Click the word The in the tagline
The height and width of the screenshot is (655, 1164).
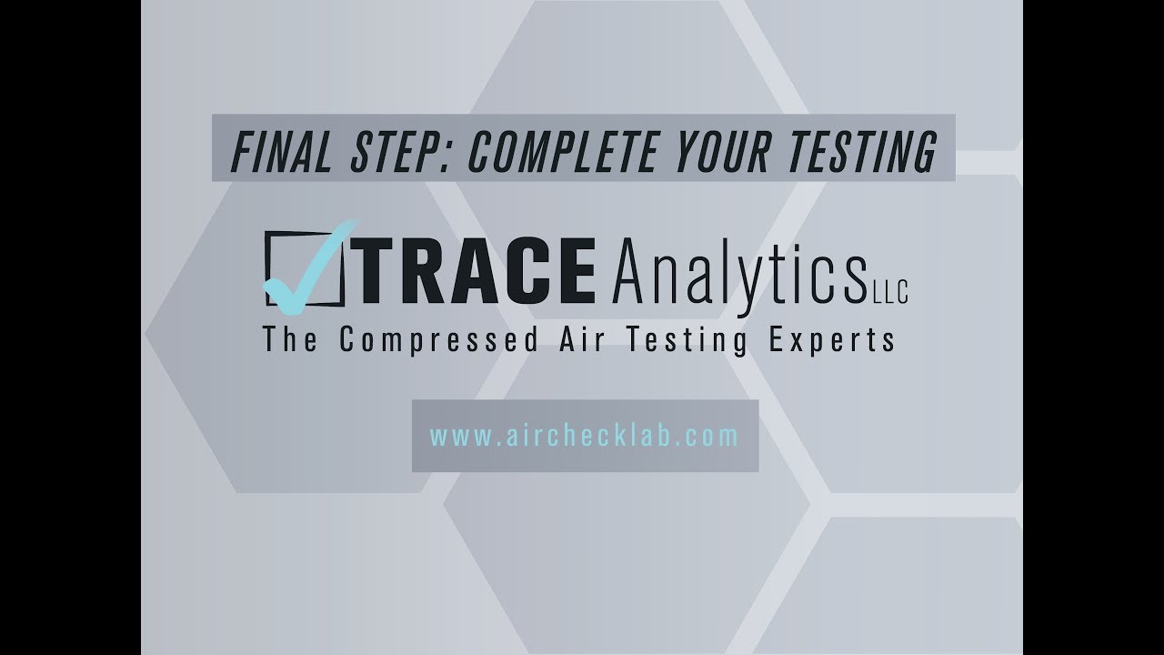290,340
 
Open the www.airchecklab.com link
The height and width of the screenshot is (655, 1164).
584,436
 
